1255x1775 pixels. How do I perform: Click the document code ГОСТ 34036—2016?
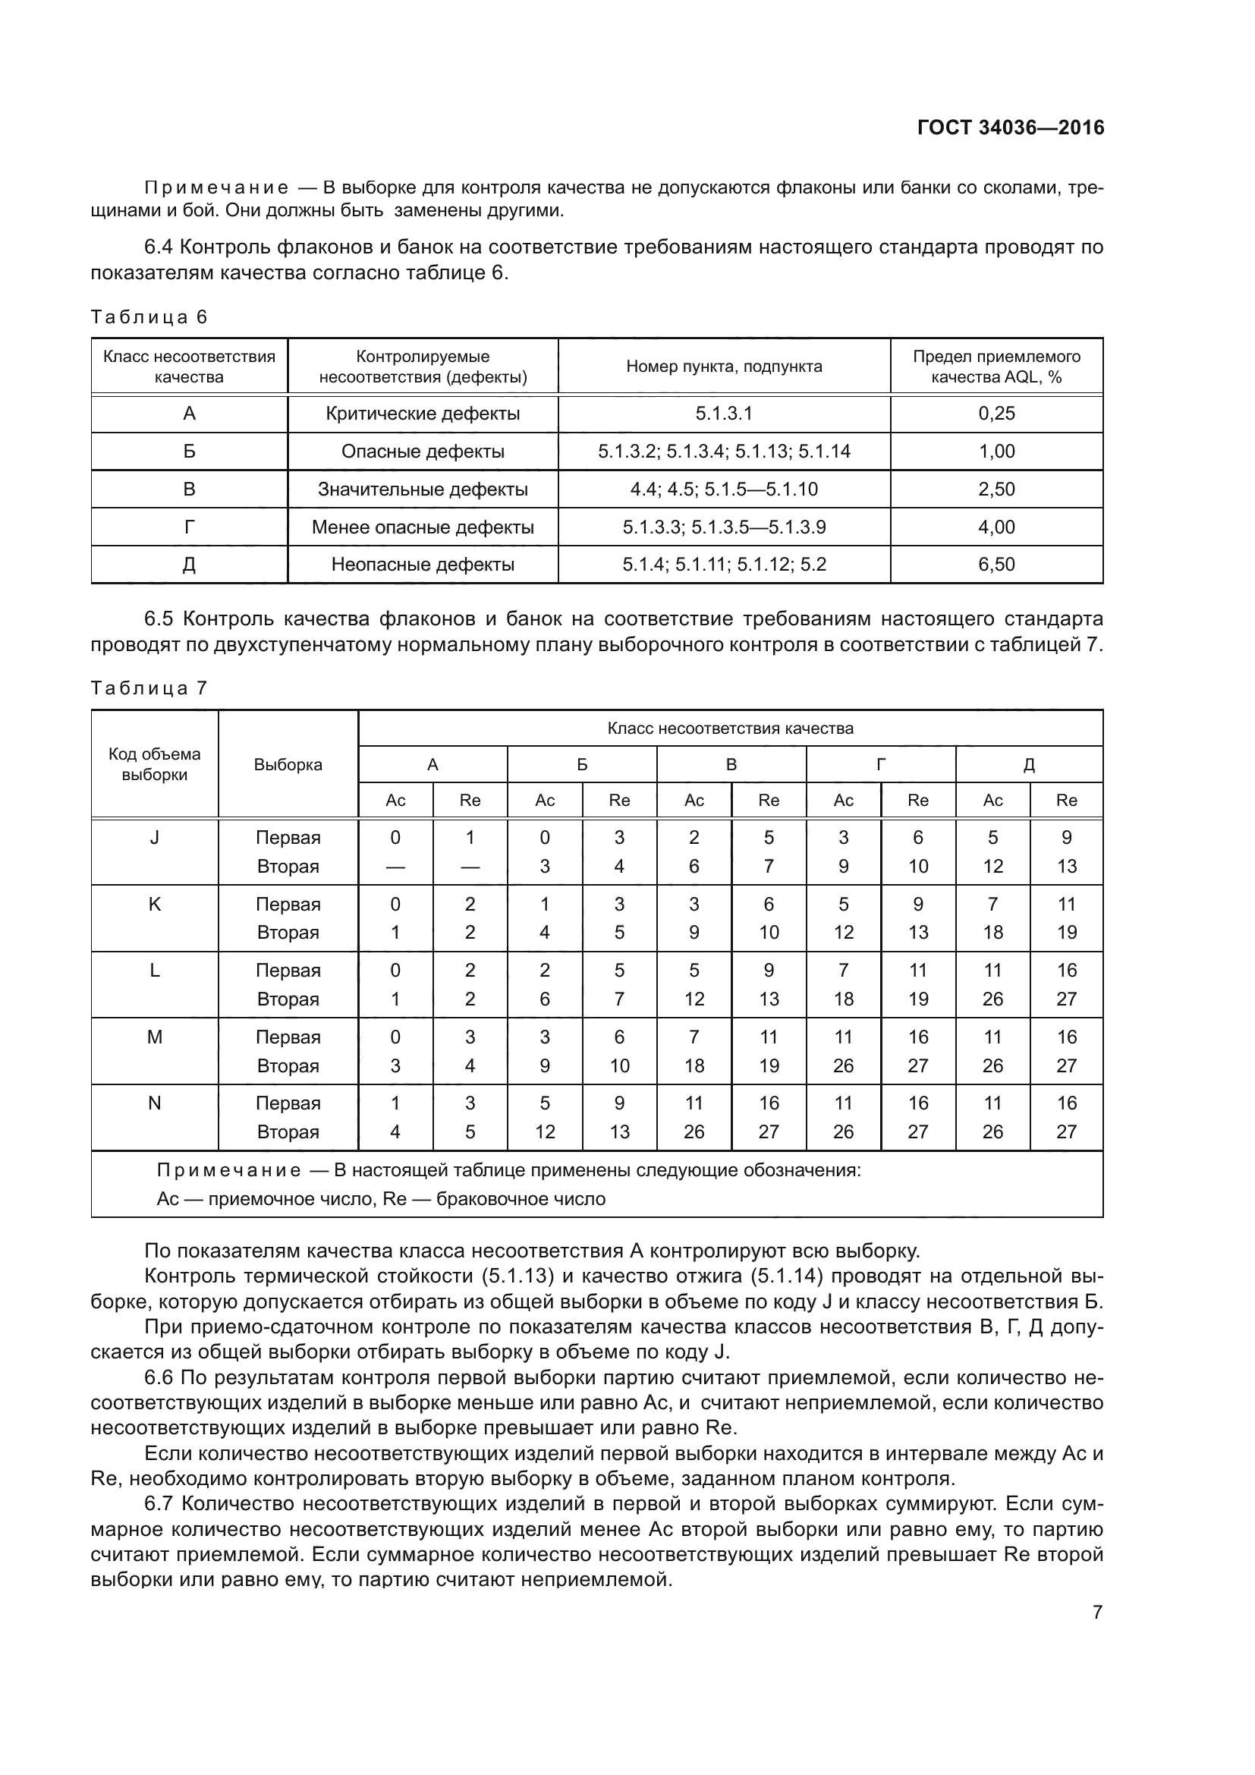(x=1010, y=127)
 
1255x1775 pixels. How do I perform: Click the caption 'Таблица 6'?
(x=149, y=317)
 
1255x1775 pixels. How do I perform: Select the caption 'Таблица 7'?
(x=149, y=688)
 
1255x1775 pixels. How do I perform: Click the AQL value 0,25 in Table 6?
(x=996, y=414)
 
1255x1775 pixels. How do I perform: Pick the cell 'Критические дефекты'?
(x=423, y=414)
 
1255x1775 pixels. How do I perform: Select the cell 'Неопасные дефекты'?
(x=423, y=565)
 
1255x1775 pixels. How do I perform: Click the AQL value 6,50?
(x=996, y=565)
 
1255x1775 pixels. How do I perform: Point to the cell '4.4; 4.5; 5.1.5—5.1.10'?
(x=724, y=489)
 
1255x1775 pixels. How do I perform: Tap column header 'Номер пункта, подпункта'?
(x=724, y=367)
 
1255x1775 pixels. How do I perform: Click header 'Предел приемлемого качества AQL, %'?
(x=996, y=367)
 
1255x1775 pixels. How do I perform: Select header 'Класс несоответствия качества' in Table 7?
(x=730, y=729)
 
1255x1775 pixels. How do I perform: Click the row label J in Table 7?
(x=155, y=837)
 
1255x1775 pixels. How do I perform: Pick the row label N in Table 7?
(x=155, y=1103)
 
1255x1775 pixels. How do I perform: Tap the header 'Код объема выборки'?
(x=155, y=764)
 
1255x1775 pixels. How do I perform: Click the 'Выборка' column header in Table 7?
(x=288, y=765)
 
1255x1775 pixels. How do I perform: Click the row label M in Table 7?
(x=155, y=1037)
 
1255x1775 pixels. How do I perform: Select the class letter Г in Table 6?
(x=190, y=527)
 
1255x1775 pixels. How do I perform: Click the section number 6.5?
(x=159, y=619)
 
